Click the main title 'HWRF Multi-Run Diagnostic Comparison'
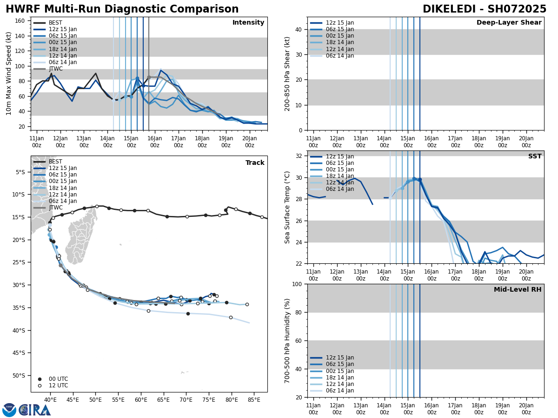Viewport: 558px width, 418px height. (x=122, y=9)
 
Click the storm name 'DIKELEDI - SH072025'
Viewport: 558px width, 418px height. (x=484, y=9)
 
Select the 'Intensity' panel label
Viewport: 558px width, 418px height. (x=248, y=23)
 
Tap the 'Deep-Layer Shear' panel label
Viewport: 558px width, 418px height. (x=509, y=23)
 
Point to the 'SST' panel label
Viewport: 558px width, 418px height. (x=535, y=157)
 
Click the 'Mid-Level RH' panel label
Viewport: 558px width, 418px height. (x=518, y=290)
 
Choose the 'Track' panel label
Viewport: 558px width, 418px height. (x=255, y=163)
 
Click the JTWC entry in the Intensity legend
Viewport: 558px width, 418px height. (x=55, y=69)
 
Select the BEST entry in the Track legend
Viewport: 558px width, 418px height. (x=55, y=162)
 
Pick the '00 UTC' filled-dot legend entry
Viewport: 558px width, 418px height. (x=58, y=379)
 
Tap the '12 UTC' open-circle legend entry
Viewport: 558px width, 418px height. (x=58, y=385)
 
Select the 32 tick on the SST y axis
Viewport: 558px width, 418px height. (x=299, y=156)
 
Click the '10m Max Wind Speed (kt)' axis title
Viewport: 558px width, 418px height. (x=8, y=73)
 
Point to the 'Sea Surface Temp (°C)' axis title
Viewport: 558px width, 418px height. (x=287, y=207)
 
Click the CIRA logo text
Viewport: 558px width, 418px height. (x=35, y=410)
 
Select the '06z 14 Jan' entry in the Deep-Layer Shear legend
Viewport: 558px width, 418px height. (x=340, y=56)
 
